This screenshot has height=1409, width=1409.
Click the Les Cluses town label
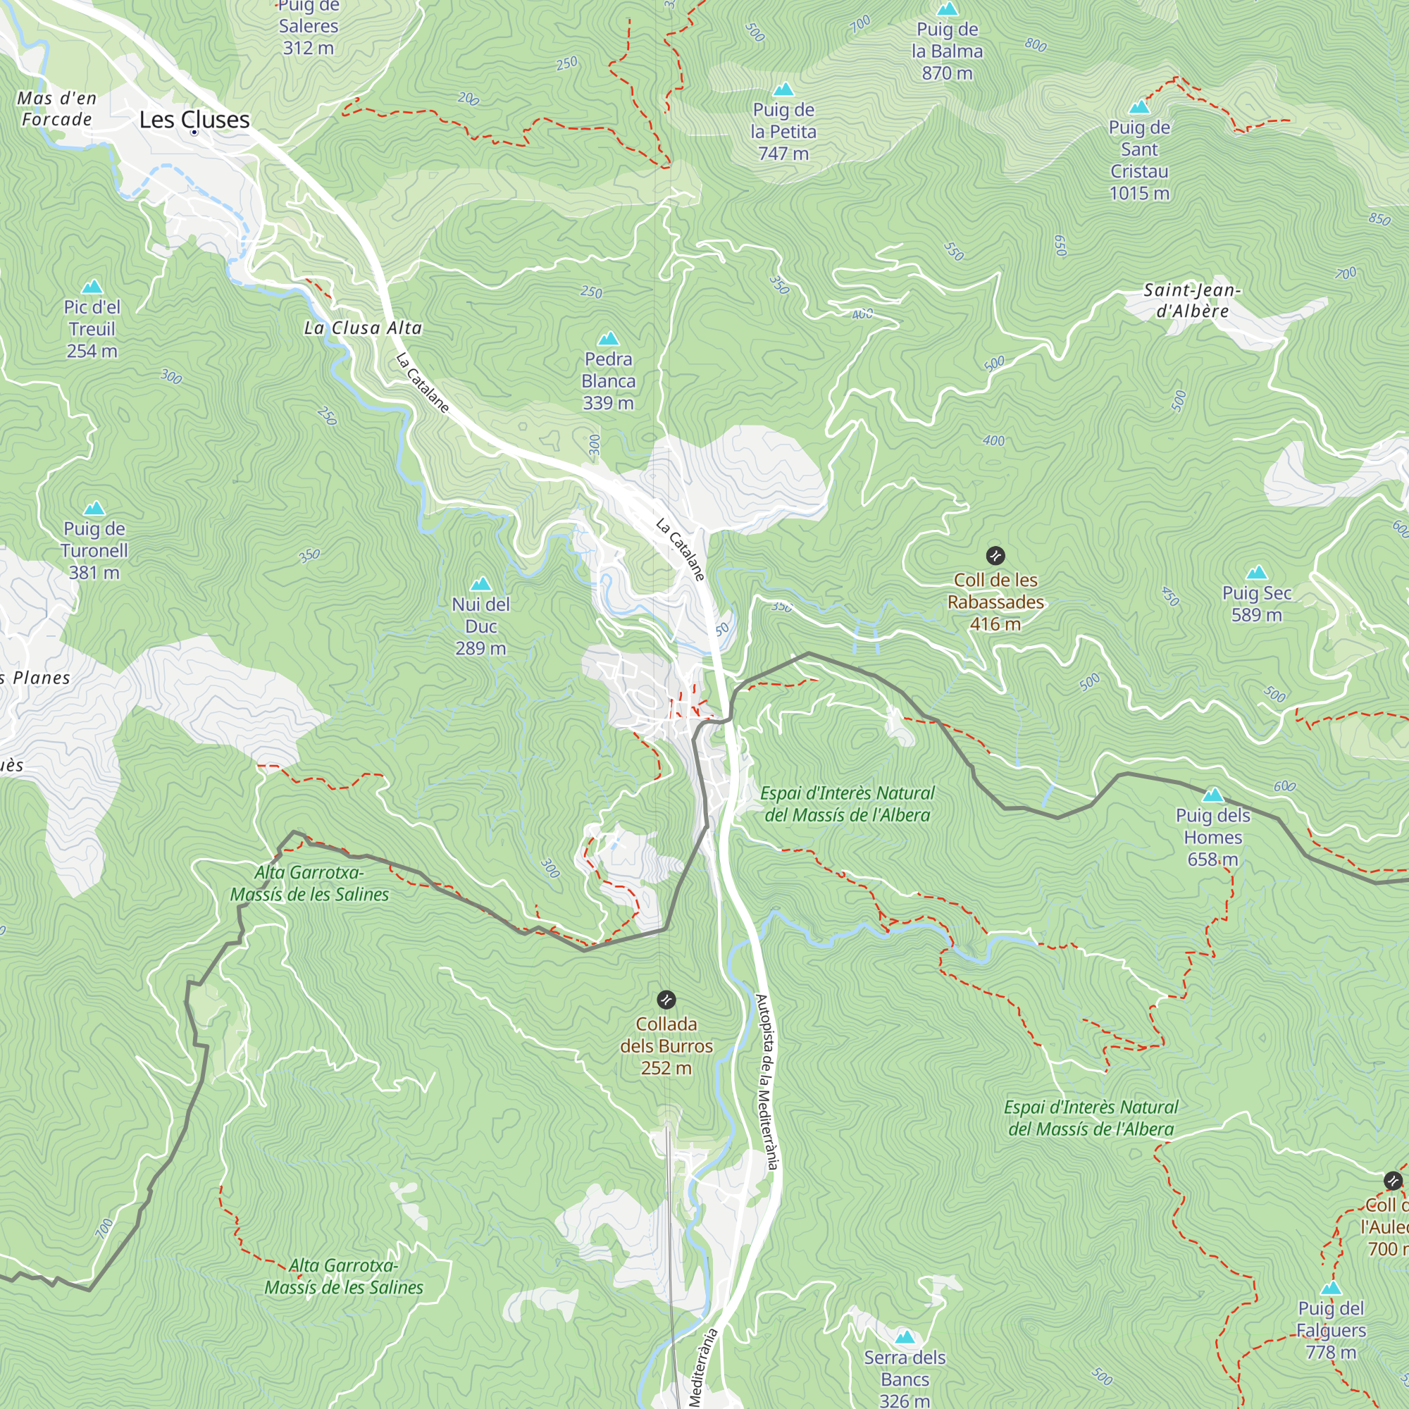click(x=194, y=120)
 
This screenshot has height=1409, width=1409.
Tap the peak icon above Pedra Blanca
click(x=608, y=339)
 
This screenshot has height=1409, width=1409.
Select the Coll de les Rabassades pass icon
click(x=995, y=556)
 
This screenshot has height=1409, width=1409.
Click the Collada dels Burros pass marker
click(x=666, y=1000)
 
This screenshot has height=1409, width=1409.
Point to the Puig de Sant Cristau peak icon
click(x=1139, y=108)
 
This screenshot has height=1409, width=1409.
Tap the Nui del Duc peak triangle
click(x=480, y=584)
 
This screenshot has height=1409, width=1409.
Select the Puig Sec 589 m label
click(x=1256, y=604)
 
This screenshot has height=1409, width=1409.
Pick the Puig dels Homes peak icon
click(x=1213, y=795)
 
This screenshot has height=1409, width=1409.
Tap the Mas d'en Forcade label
click(x=57, y=108)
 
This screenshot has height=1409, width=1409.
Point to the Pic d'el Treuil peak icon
click(x=92, y=287)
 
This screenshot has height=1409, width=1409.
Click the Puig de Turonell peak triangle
click(x=94, y=509)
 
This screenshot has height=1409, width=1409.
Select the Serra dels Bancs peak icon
click(x=905, y=1337)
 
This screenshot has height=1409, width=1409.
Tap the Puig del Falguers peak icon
click(x=1331, y=1288)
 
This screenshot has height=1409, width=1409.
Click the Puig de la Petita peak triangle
click(x=783, y=89)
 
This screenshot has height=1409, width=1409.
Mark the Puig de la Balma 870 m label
click(x=947, y=51)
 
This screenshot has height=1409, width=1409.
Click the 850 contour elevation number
click(x=1379, y=219)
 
